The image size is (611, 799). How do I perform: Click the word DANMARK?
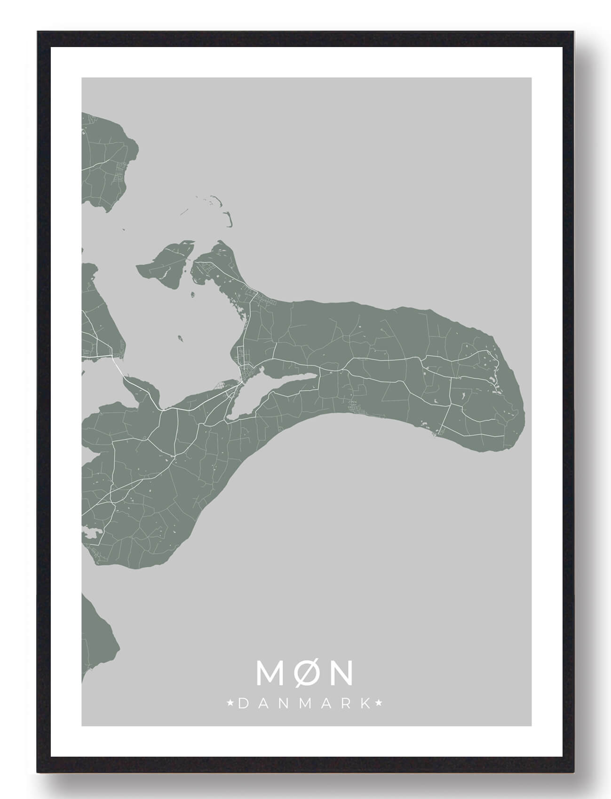click(305, 703)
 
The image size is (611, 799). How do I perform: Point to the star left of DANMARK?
click(230, 703)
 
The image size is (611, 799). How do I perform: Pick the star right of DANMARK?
click(380, 703)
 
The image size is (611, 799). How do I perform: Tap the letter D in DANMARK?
click(244, 704)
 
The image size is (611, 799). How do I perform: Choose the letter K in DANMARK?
click(365, 704)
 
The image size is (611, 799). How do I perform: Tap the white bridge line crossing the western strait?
click(118, 367)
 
